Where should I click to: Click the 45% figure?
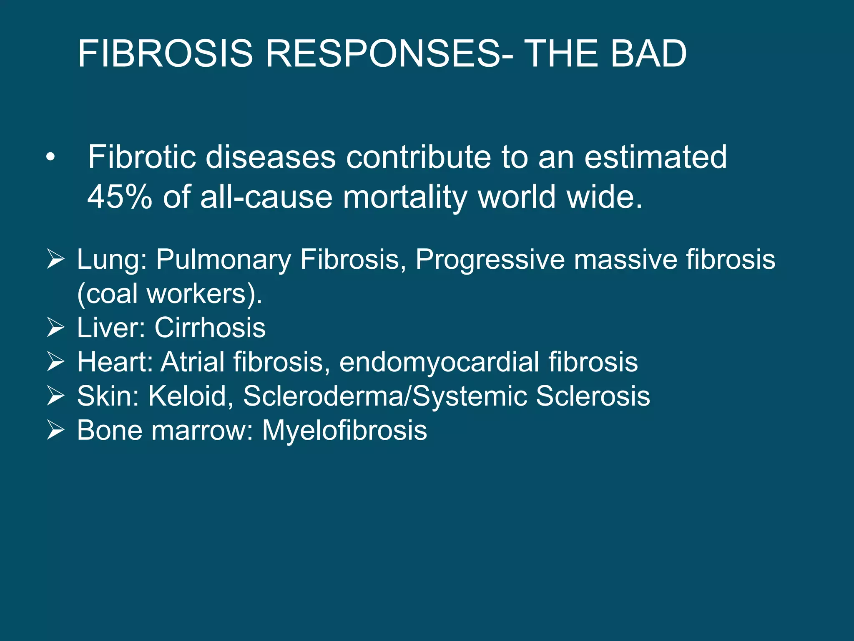(120, 197)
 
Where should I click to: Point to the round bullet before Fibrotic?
(50, 158)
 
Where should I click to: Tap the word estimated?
(656, 157)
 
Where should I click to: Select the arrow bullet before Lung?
(55, 259)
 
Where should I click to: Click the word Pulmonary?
(223, 260)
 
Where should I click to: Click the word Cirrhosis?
(210, 328)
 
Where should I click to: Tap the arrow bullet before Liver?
(55, 328)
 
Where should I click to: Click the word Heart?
(115, 362)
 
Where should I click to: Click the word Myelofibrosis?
(344, 430)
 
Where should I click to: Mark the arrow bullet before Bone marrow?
(55, 430)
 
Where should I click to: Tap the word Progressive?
(490, 260)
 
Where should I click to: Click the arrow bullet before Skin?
(55, 396)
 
